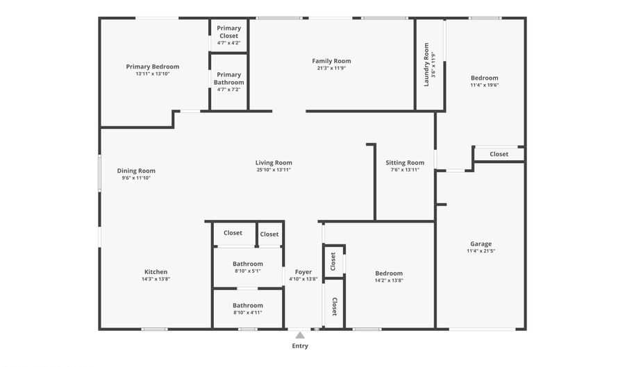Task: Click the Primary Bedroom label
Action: click(152, 67)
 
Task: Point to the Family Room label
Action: click(331, 61)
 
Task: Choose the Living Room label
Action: click(274, 162)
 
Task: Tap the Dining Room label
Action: click(136, 171)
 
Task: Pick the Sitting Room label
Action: click(405, 163)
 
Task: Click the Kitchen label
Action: click(156, 272)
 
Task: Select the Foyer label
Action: click(303, 272)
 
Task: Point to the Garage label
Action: click(481, 244)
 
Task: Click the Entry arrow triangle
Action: click(300, 334)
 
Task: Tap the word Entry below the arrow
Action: click(300, 345)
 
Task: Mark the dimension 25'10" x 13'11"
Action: click(274, 170)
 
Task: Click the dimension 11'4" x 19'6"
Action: click(484, 85)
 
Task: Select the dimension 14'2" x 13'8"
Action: click(389, 280)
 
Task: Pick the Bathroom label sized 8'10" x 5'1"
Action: click(248, 264)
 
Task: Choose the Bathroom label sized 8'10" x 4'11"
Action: click(248, 305)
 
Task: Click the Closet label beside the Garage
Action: click(499, 154)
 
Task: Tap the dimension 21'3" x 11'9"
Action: click(331, 68)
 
